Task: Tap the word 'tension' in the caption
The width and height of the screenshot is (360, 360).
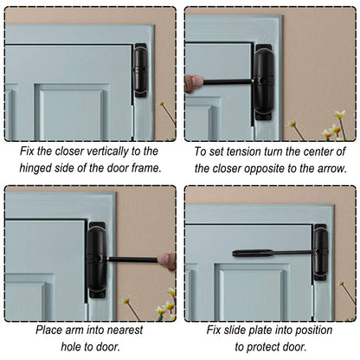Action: pyautogui.click(x=247, y=150)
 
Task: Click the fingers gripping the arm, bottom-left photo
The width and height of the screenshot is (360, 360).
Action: pyautogui.click(x=168, y=260)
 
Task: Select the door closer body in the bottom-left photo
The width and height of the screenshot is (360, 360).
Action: pyautogui.click(x=96, y=260)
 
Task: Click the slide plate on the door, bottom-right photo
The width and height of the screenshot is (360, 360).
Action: pyautogui.click(x=251, y=253)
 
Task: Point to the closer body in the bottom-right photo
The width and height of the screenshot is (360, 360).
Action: pyautogui.click(x=320, y=253)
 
